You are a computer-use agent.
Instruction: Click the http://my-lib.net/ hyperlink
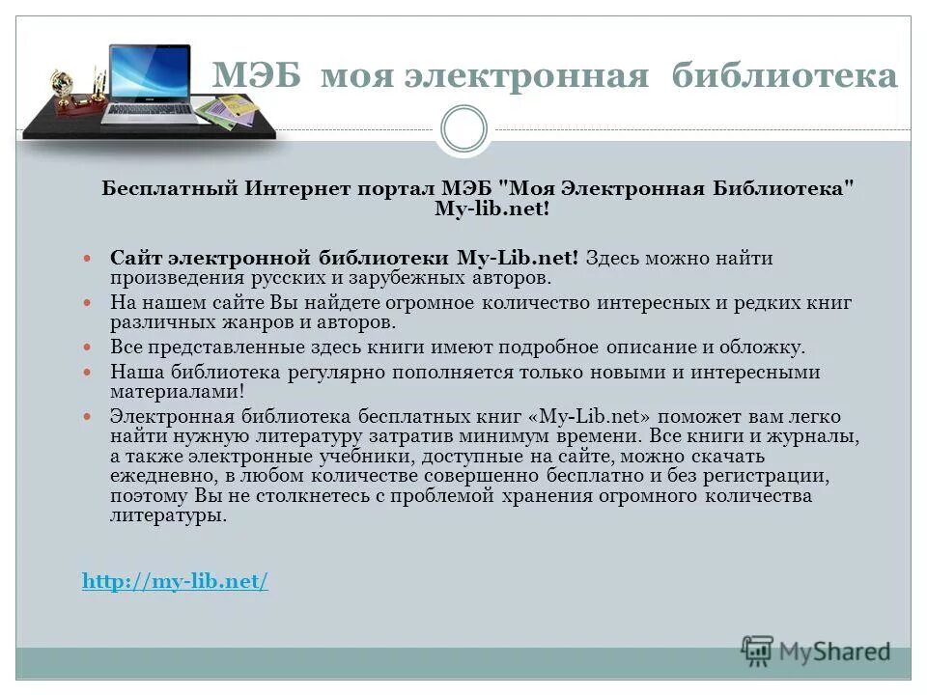[x=175, y=581]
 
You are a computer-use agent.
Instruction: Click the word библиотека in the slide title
[x=784, y=76]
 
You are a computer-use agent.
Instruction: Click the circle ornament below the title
[x=463, y=128]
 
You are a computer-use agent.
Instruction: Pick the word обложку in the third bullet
[x=764, y=347]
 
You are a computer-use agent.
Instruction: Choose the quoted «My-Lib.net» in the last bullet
[x=584, y=416]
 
